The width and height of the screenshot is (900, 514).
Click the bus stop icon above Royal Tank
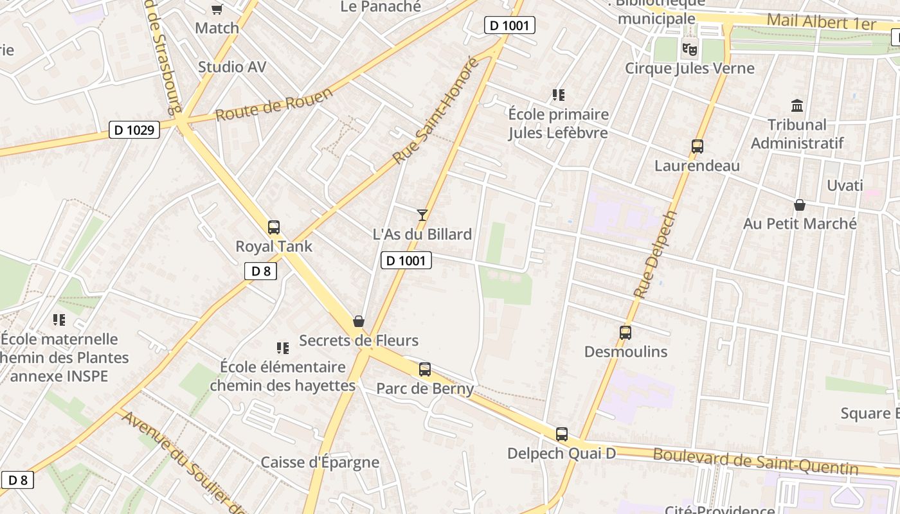[274, 227]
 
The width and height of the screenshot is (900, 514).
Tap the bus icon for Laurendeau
[697, 146]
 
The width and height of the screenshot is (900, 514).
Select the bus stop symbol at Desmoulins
[625, 333]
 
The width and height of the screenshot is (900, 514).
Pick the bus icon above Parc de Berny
[425, 369]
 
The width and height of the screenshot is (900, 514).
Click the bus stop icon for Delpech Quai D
[562, 434]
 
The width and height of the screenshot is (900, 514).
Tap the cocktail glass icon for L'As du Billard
[422, 215]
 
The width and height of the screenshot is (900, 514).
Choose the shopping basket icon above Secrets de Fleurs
[359, 321]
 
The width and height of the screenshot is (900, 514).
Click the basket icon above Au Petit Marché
[800, 205]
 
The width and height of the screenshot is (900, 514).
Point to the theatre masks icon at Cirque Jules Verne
[690, 49]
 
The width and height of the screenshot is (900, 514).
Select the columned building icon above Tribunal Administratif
[798, 105]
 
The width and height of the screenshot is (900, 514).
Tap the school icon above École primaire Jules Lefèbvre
[559, 95]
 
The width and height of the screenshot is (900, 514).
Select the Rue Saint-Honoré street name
[437, 111]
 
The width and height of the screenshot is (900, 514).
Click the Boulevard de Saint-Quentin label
[755, 462]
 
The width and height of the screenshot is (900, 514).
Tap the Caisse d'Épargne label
[319, 463]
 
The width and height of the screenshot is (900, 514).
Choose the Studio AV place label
[232, 67]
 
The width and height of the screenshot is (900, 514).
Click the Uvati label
[845, 186]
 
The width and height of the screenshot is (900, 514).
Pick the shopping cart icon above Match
[217, 9]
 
